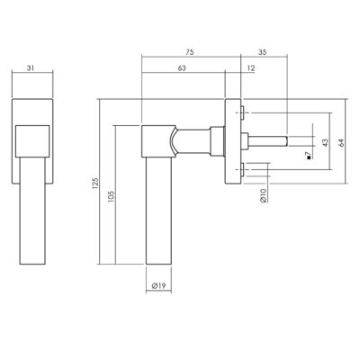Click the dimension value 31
(31, 68)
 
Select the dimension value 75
(190, 52)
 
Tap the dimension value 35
(262, 52)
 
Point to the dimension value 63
(182, 68)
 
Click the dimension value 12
(251, 68)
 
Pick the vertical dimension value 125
(95, 183)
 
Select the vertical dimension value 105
(111, 196)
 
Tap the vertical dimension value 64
(341, 142)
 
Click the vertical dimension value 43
(325, 142)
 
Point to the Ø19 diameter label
(158, 286)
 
